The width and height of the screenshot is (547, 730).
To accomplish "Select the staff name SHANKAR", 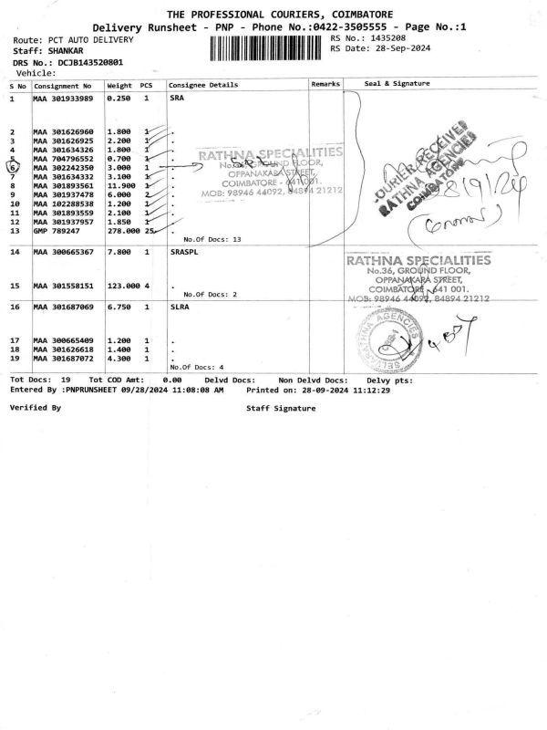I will coord(65,51).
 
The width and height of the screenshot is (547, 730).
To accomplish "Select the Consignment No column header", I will coord(63,85).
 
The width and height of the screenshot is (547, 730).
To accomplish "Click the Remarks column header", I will coord(325,84).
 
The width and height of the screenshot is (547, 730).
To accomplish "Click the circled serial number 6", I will coord(14,168).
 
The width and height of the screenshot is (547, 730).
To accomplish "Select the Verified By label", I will coord(35,408).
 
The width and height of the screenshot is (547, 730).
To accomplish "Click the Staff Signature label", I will coord(281,408).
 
